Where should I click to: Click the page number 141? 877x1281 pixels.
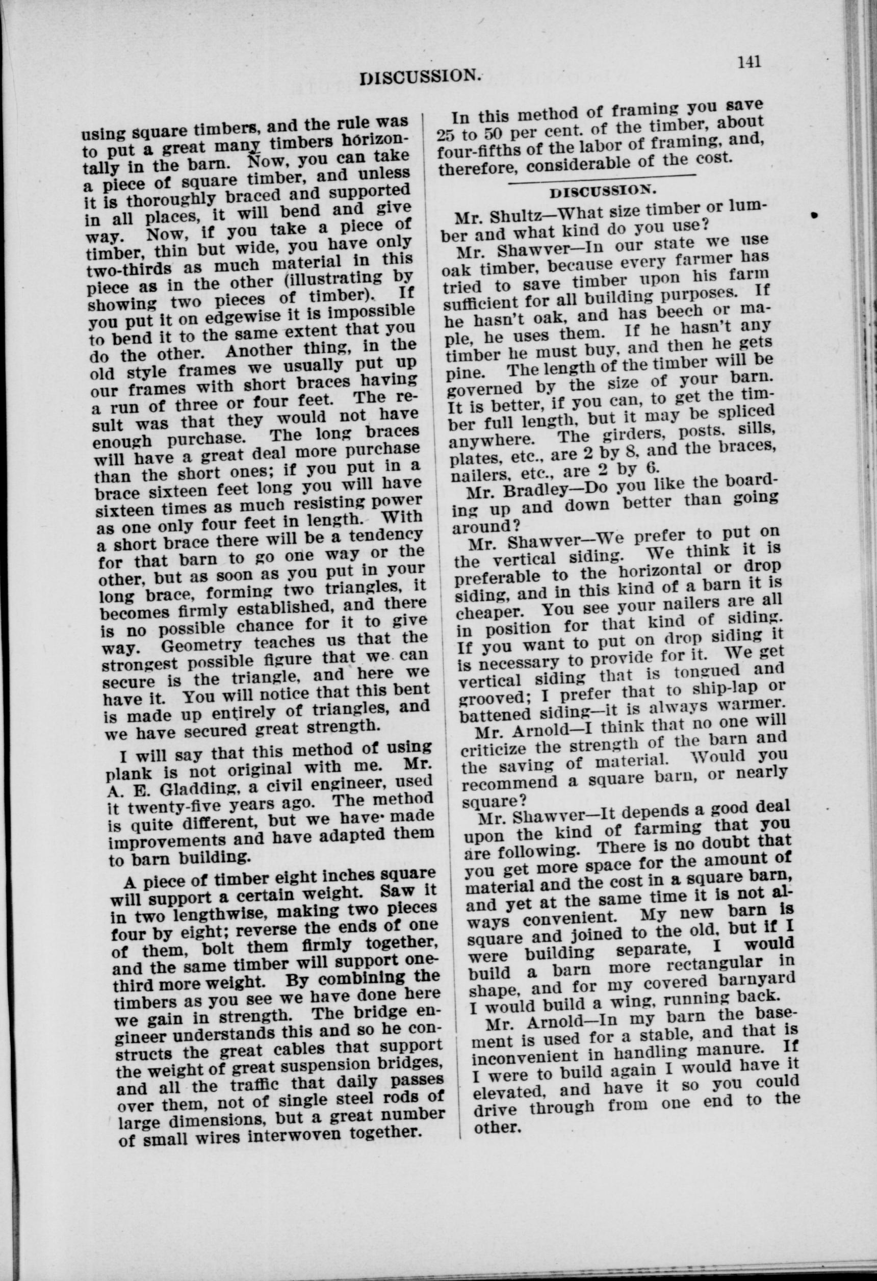click(749, 61)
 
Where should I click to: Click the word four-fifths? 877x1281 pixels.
click(478, 150)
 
